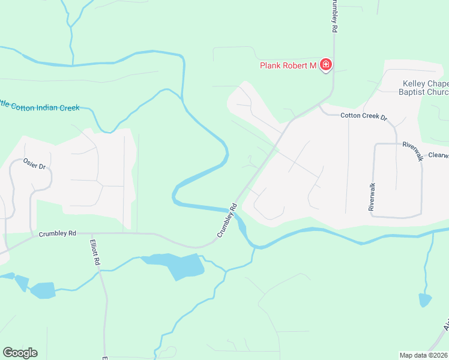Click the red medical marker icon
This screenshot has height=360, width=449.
(x=326, y=64)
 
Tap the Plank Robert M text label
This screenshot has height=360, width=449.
(x=288, y=65)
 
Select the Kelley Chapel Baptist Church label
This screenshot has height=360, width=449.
(x=424, y=88)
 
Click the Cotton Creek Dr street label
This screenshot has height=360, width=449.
(x=364, y=116)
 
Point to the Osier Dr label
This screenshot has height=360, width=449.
(x=34, y=163)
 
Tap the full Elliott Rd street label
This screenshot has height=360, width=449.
(x=95, y=253)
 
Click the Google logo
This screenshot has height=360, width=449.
(x=20, y=353)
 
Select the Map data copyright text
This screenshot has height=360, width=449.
(x=424, y=355)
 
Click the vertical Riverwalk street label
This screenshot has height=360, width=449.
(x=372, y=196)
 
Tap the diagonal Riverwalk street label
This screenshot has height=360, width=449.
(x=413, y=151)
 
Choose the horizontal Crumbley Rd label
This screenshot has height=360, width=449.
(x=58, y=233)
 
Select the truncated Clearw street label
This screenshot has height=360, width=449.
(x=438, y=155)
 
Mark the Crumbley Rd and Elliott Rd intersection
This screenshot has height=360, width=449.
(x=91, y=233)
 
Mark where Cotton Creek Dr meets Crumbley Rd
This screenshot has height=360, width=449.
(x=318, y=104)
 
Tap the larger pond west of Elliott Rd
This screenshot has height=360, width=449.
(x=43, y=291)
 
